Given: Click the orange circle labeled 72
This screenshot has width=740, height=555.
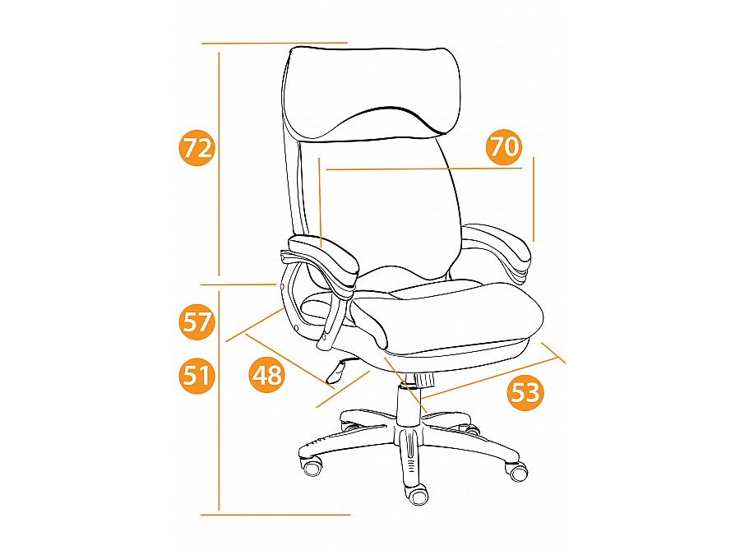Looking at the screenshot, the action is point(197,148).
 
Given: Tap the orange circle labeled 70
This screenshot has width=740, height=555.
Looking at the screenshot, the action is point(505,147).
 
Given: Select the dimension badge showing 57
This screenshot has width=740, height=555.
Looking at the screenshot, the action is point(197,323).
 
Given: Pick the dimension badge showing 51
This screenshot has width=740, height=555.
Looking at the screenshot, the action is point(197,376).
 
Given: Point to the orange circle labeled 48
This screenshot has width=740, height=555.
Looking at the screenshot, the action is point(266,375).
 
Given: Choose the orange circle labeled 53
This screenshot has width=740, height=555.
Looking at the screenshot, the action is point(525,392).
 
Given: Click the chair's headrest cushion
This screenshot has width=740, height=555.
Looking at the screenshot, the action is point(371,92).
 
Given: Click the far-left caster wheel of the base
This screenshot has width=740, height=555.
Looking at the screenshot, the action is point(312,468).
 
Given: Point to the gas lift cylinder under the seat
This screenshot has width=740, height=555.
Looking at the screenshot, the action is point(409,404).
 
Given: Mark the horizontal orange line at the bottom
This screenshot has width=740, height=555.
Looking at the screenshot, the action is point(275,515).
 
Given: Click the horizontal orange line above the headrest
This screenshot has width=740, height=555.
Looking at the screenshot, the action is point(274,43).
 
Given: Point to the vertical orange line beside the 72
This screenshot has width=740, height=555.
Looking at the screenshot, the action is point(219,164).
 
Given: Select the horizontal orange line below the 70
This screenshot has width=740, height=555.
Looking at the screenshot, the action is point(423,169).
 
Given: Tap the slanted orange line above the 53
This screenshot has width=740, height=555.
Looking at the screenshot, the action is point(490,377).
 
